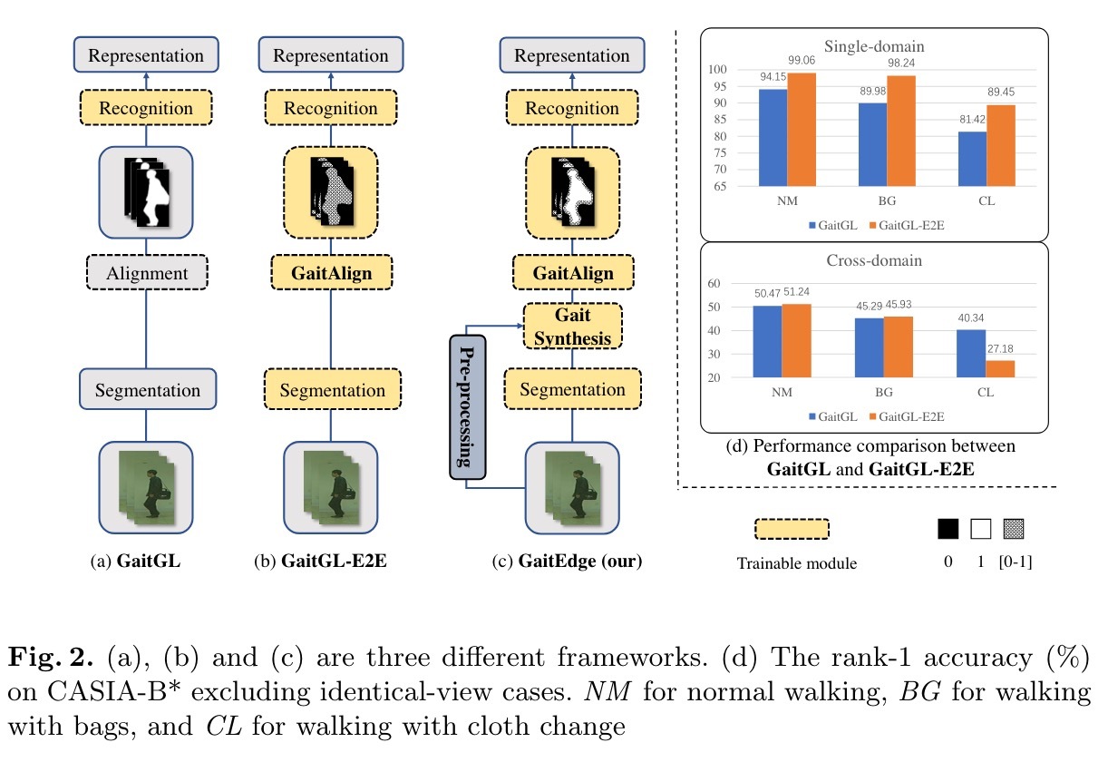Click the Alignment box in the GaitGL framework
147,273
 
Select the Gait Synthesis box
572,327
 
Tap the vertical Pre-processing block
468,406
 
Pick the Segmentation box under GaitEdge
572,390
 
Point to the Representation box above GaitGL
147,55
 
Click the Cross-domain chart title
874,260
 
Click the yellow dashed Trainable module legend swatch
792,529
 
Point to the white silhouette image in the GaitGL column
147,192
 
